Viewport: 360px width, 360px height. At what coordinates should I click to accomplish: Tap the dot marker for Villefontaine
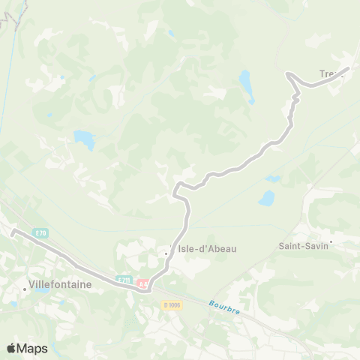pyautogui.click(x=24, y=286)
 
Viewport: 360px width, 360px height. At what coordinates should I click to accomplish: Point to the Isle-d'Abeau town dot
pyautogui.click(x=166, y=253)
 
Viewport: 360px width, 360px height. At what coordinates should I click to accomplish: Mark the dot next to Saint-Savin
pyautogui.click(x=331, y=241)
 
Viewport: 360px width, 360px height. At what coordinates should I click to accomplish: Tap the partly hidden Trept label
pyautogui.click(x=328, y=73)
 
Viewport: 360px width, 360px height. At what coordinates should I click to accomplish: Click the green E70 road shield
pyautogui.click(x=40, y=233)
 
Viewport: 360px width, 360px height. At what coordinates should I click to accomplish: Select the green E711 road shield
pyautogui.click(x=124, y=280)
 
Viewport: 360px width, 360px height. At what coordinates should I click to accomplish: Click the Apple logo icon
pyautogui.click(x=11, y=348)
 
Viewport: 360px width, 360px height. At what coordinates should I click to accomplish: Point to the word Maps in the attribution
pyautogui.click(x=32, y=348)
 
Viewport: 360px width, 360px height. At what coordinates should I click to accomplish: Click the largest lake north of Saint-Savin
pyautogui.click(x=265, y=199)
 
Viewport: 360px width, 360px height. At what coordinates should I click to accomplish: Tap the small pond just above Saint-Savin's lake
pyautogui.click(x=272, y=179)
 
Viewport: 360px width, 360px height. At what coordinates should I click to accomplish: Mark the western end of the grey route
pyautogui.click(x=13, y=232)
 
